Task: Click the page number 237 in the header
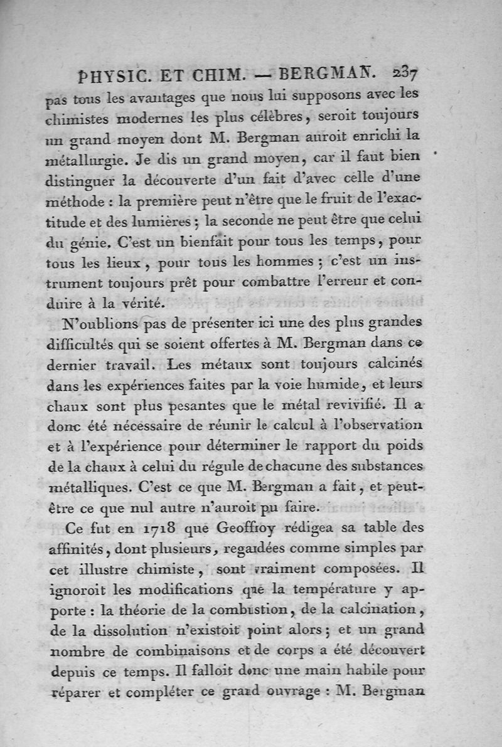[409, 73]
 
